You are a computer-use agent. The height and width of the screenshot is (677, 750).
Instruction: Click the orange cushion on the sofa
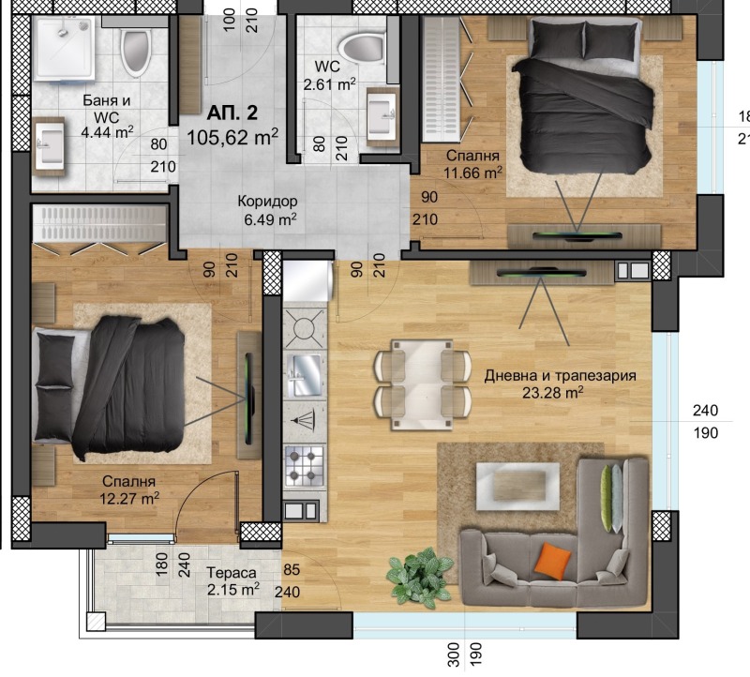pos(552,563)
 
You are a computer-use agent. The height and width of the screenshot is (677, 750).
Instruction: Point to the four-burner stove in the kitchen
pos(304,465)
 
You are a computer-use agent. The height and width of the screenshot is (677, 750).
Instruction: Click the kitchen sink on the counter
pos(304,376)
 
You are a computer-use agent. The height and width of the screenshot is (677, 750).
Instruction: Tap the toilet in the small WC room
pos(361,46)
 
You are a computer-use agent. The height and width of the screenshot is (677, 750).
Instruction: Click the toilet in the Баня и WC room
pos(137,51)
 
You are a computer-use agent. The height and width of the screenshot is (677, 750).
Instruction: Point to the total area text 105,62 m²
pos(233,137)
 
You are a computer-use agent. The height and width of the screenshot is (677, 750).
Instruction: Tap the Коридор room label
pos(267,202)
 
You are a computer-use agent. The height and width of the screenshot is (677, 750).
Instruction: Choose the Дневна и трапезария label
pos(560,375)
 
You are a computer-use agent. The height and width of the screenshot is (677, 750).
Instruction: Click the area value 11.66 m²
pos(473,173)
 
